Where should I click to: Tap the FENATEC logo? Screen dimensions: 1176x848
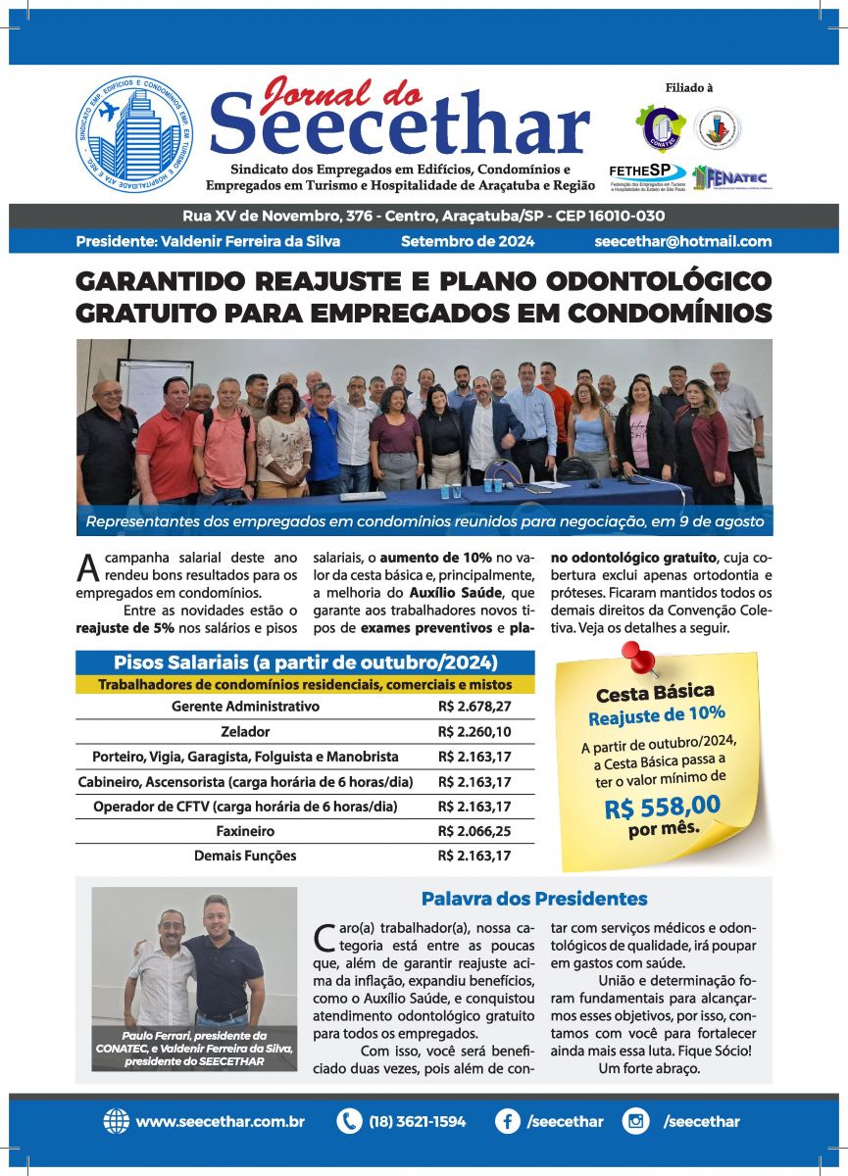tap(729, 177)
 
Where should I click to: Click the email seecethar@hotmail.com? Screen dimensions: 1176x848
tap(682, 241)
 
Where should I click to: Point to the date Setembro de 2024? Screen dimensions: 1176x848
tap(468, 241)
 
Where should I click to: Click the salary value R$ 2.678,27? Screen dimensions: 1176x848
tap(474, 706)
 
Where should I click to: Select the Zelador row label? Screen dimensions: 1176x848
tap(245, 731)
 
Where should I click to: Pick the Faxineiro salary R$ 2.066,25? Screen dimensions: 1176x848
tap(474, 831)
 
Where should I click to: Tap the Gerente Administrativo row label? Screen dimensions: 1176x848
tap(245, 706)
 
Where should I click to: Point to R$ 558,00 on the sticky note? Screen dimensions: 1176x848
tap(663, 808)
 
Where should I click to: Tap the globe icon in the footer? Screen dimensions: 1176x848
tap(117, 1121)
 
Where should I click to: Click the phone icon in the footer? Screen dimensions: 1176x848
tap(349, 1121)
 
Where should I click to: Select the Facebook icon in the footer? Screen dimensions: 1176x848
tap(507, 1121)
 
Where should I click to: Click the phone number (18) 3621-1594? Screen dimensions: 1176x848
tap(418, 1121)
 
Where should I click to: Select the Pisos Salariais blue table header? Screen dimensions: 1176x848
tap(305, 661)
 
